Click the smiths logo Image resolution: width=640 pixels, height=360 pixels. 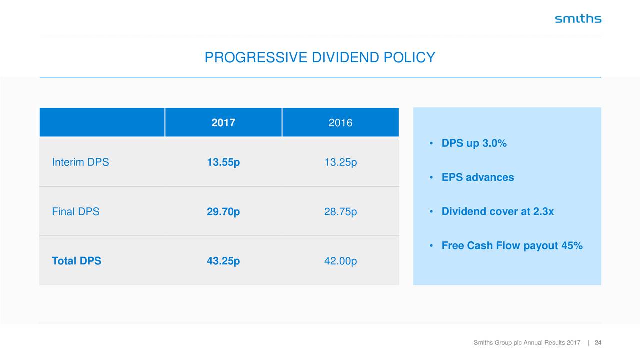click(x=578, y=19)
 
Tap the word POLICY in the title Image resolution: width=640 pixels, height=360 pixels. click(x=409, y=57)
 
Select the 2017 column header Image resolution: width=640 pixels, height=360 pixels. click(x=223, y=123)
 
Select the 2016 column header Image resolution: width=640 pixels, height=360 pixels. click(x=340, y=123)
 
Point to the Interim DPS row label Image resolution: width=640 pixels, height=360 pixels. click(x=80, y=162)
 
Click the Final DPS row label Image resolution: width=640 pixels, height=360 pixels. click(x=75, y=211)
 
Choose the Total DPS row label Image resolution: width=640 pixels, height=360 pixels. click(x=76, y=261)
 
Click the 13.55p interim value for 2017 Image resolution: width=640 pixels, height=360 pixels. click(x=223, y=162)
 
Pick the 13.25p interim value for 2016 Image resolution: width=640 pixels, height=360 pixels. click(x=340, y=162)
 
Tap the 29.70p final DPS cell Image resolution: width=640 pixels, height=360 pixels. click(x=223, y=212)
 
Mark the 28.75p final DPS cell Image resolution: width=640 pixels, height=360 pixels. click(x=340, y=212)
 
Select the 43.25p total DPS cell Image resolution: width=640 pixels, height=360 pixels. click(x=223, y=261)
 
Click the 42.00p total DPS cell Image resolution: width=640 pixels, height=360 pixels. click(x=340, y=261)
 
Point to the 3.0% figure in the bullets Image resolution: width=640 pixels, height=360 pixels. click(x=494, y=143)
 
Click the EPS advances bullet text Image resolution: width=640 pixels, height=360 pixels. click(x=478, y=177)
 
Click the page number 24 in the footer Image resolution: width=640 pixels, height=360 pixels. click(x=598, y=343)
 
